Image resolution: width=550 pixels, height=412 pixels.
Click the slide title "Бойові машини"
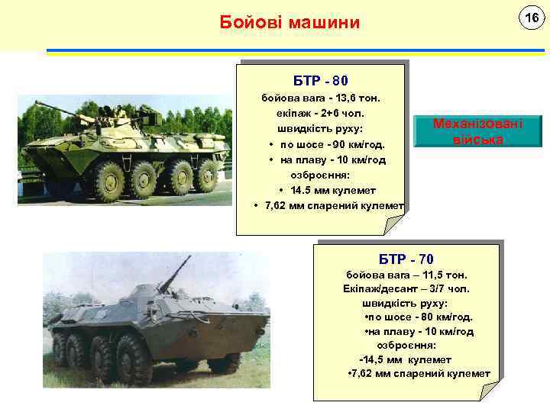click(289, 23)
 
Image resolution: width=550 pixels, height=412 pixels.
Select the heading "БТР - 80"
click(322, 80)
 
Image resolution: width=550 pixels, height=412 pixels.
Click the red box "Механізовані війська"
click(477, 131)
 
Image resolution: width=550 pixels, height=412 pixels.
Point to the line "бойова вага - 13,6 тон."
click(321, 98)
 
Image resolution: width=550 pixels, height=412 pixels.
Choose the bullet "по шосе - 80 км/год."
click(419, 317)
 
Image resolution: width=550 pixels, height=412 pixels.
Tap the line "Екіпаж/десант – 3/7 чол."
click(406, 288)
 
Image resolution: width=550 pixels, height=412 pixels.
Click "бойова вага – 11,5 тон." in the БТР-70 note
click(406, 274)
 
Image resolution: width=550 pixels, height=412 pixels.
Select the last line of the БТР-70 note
click(419, 373)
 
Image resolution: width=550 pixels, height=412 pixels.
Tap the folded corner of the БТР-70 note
click(488, 390)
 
